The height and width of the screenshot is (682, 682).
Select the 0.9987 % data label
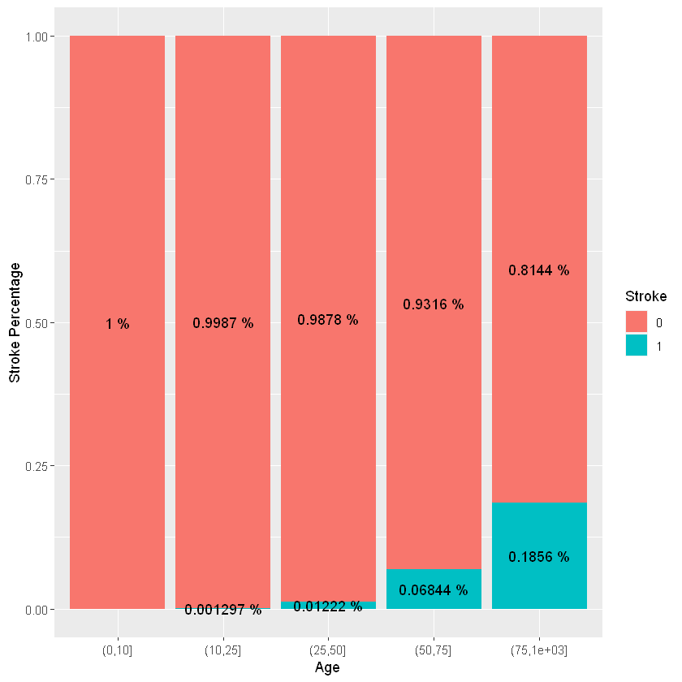tap(223, 323)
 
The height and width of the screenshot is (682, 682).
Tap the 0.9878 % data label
tap(328, 320)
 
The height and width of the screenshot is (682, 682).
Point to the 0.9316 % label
tap(434, 304)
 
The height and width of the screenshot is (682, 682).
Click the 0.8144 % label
tap(539, 270)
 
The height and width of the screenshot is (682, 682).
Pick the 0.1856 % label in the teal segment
tap(539, 557)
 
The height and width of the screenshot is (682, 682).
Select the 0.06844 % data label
tap(434, 589)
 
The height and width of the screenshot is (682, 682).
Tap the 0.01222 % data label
tap(328, 606)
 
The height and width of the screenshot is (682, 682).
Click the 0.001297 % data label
tap(223, 610)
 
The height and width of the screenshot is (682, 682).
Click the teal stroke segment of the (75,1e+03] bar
tap(539, 528)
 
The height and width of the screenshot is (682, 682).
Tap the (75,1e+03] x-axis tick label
tap(539, 650)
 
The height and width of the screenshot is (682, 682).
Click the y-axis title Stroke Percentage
tap(14, 322)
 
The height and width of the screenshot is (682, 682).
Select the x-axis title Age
tap(327, 668)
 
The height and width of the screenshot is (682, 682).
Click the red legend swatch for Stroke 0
tap(637, 322)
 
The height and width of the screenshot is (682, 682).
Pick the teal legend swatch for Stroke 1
tap(637, 345)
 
